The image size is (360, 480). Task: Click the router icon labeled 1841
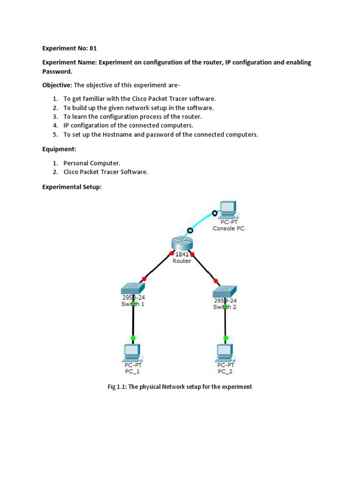(x=181, y=243)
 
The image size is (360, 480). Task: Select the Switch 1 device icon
(x=133, y=288)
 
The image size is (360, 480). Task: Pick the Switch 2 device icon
(x=225, y=291)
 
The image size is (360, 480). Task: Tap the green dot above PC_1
(x=133, y=337)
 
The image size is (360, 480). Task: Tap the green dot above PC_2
(x=226, y=337)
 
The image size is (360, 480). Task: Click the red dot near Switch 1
(x=144, y=279)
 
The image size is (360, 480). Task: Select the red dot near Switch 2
(x=216, y=281)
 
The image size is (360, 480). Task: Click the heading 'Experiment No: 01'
(x=69, y=48)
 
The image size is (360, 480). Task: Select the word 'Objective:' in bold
(x=57, y=85)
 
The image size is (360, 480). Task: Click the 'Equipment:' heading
(x=59, y=149)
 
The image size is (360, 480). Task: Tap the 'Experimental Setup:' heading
(x=72, y=187)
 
